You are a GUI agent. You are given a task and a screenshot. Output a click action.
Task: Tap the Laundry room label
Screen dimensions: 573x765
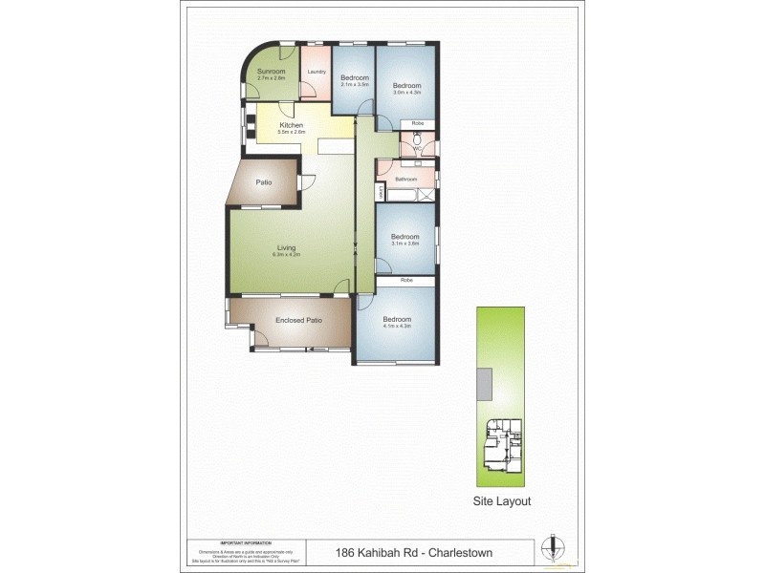point(317,72)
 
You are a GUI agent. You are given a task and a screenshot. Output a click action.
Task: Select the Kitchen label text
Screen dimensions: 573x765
point(291,125)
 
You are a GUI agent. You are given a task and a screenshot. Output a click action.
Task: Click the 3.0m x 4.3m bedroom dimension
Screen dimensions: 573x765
point(407,92)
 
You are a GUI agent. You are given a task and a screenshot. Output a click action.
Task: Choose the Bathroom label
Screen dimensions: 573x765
point(406,179)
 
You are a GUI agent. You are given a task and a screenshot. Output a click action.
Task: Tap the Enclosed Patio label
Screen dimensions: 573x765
point(298,320)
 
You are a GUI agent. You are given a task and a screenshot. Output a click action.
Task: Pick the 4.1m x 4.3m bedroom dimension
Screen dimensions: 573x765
point(397,327)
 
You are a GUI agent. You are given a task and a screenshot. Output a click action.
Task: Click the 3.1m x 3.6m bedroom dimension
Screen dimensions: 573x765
point(405,244)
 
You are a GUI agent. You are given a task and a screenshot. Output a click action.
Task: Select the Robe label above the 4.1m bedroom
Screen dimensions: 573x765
point(405,280)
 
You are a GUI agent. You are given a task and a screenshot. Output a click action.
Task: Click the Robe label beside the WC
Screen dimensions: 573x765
point(418,124)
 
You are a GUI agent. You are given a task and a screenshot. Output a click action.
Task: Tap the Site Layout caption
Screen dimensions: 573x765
point(502,500)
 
